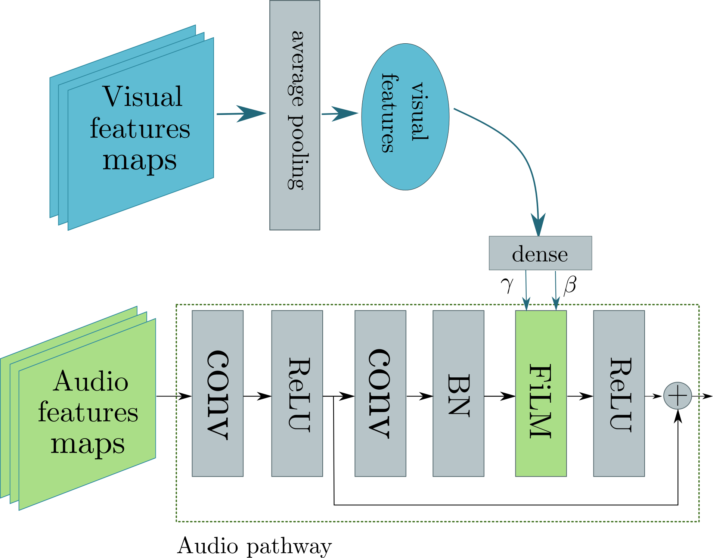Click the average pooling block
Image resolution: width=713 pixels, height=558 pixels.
(x=295, y=115)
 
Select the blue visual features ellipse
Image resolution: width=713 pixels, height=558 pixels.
(x=405, y=117)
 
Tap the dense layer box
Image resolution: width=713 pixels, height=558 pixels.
(x=540, y=253)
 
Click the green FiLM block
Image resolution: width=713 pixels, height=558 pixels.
(x=540, y=393)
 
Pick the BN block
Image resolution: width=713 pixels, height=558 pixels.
(x=458, y=393)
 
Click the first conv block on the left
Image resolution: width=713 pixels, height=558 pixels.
(x=217, y=393)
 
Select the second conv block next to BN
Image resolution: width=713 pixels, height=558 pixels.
(x=380, y=393)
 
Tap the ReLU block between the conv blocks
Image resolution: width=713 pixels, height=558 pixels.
(x=297, y=393)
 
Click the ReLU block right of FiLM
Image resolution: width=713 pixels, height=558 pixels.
(x=619, y=393)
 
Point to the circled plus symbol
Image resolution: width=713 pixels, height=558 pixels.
(x=677, y=396)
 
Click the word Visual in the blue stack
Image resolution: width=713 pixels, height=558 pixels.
(x=142, y=97)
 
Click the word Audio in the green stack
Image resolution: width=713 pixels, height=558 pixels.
(x=90, y=381)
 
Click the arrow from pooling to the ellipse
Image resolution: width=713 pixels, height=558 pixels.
(x=340, y=113)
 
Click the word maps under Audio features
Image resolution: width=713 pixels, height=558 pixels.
(x=87, y=445)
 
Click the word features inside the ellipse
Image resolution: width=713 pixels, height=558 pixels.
(x=388, y=113)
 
